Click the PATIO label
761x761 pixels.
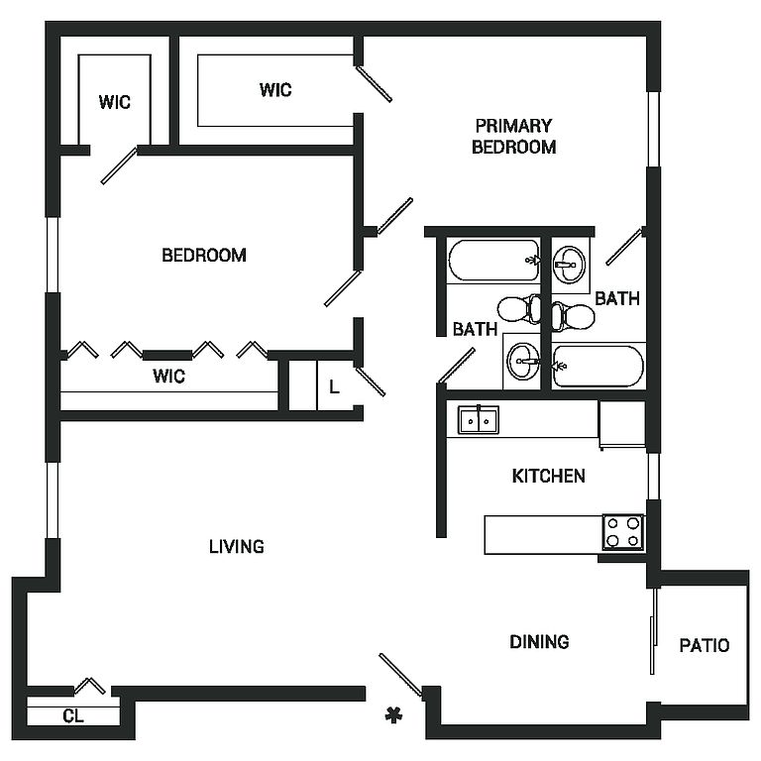click(x=705, y=645)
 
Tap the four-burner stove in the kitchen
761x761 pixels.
click(x=623, y=532)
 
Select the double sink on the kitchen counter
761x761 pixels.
click(x=478, y=420)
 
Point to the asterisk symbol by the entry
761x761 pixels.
click(x=394, y=715)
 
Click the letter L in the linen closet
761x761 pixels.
click(x=334, y=387)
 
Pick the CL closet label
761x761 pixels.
click(x=72, y=715)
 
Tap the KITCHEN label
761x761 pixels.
click(x=548, y=477)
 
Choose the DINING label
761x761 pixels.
click(x=539, y=642)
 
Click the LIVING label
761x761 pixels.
click(x=237, y=546)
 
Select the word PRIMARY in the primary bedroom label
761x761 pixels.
click(x=513, y=126)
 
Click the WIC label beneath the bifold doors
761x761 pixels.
click(x=168, y=377)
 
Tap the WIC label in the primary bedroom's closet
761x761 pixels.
click(x=275, y=90)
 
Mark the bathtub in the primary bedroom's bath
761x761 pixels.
click(x=598, y=366)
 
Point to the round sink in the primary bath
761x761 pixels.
click(x=567, y=262)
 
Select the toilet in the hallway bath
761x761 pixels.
click(x=515, y=310)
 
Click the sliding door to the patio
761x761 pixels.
click(x=653, y=631)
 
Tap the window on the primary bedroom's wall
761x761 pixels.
click(x=653, y=129)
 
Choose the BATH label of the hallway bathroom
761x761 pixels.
click(x=475, y=330)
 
